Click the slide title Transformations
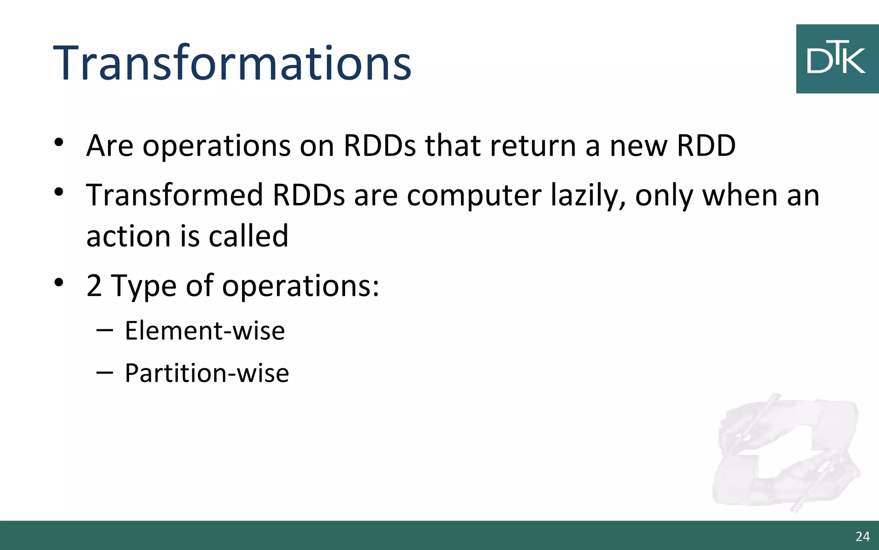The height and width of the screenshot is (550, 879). pos(232,64)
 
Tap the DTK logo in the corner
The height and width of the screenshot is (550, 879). pos(837,59)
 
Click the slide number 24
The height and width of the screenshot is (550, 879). pos(862,537)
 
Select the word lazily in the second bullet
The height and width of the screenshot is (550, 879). pos(588,196)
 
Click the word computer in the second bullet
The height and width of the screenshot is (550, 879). pos(474,196)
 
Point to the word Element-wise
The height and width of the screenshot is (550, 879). pos(205,331)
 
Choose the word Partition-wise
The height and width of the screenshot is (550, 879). pos(207,373)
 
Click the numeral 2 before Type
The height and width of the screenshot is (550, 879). pos(94,286)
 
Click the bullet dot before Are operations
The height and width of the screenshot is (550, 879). pos(59,142)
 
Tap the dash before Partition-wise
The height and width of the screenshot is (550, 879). pos(105,373)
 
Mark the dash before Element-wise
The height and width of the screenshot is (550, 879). pos(105,330)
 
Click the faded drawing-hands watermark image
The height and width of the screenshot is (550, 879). pos(785,453)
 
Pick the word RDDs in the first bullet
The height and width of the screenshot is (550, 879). pos(379,146)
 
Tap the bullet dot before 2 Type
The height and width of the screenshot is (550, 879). pos(59,282)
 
